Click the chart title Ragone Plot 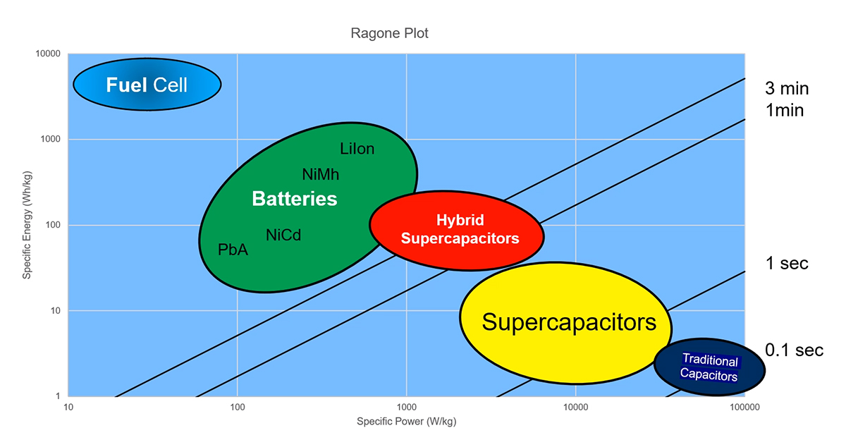tap(389, 33)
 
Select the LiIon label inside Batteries tap(357, 149)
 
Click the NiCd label tap(283, 235)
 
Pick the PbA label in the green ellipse tap(233, 250)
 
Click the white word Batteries tap(295, 200)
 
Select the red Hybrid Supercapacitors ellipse tap(457, 230)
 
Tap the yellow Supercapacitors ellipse tap(568, 323)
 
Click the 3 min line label tap(787, 89)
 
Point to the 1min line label tap(784, 110)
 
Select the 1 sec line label tap(787, 264)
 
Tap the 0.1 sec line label tap(794, 350)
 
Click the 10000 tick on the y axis tap(47, 54)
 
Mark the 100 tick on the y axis tap(51, 226)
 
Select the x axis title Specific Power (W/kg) tap(407, 422)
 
